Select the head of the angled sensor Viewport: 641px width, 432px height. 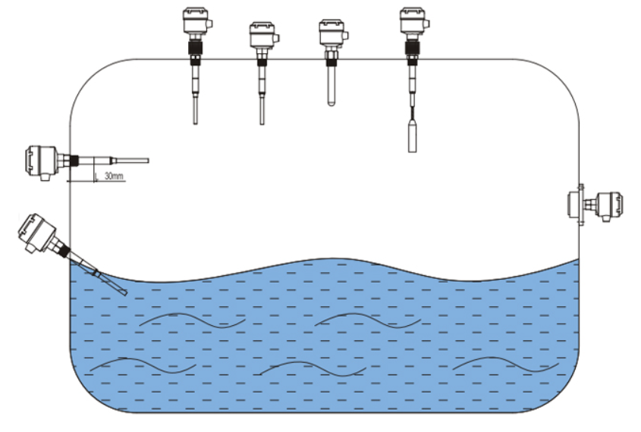(x=36, y=232)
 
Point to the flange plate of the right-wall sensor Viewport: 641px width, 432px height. (x=580, y=203)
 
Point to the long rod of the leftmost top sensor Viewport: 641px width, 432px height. (x=196, y=102)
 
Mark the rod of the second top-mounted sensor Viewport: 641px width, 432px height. (x=262, y=102)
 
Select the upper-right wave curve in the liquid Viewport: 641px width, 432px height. (x=368, y=319)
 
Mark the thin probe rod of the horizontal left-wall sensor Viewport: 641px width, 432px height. (x=132, y=161)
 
